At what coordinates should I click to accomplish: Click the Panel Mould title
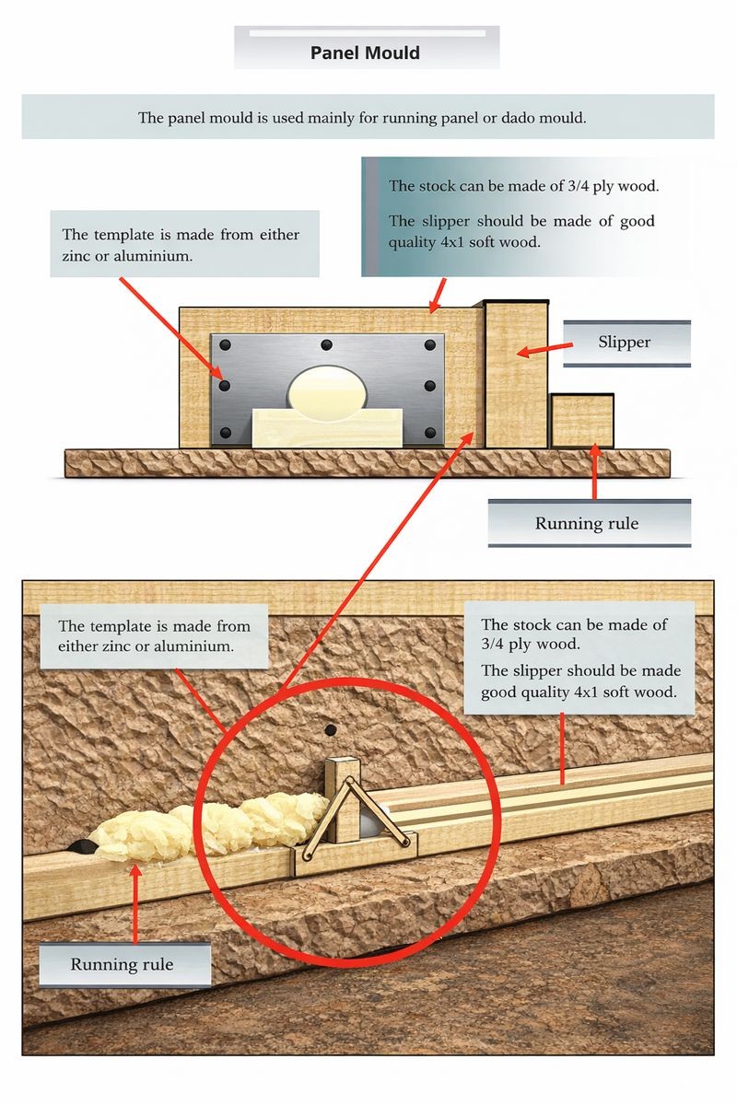365,52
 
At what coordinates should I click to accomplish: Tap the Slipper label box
626,343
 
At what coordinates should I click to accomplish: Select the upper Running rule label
589,523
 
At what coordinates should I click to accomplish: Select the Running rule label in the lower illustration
125,965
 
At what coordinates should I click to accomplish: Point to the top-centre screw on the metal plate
326,344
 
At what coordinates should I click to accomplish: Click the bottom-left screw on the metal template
225,433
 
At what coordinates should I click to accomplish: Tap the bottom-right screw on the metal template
430,433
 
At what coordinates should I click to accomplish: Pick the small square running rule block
582,421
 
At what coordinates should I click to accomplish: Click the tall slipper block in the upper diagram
516,375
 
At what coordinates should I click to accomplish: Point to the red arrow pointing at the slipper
545,349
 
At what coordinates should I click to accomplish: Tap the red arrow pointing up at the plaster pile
135,902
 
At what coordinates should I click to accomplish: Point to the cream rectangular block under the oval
327,427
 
